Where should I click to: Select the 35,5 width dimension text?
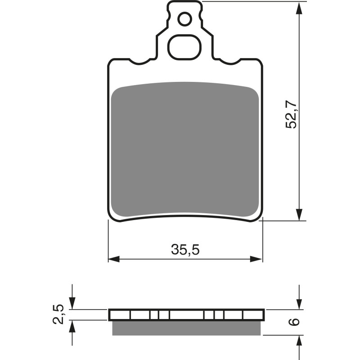pos(185,249)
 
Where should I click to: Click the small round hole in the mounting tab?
pos(184,19)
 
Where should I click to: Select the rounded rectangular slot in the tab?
pos(184,46)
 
